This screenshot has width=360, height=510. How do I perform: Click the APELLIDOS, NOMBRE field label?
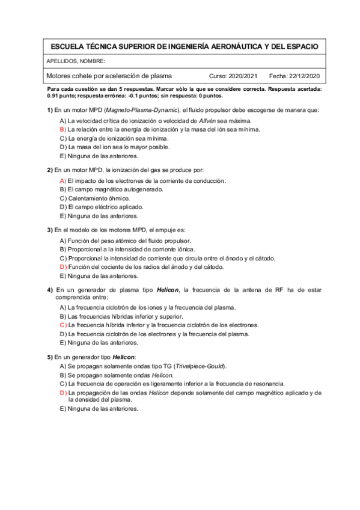click(x=76, y=61)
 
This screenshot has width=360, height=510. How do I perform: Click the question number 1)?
click(x=50, y=110)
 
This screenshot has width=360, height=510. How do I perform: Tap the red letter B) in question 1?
click(x=63, y=129)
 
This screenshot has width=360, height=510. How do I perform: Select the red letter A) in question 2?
click(x=63, y=180)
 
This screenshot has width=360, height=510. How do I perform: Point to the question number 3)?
click(x=50, y=230)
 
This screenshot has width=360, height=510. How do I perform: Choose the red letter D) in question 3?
click(x=63, y=266)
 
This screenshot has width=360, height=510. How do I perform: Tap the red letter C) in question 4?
click(x=63, y=325)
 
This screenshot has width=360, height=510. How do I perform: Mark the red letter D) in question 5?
click(x=63, y=392)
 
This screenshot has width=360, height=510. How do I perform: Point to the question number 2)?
click(x=50, y=170)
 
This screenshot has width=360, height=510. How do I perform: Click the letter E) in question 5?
click(x=63, y=409)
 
